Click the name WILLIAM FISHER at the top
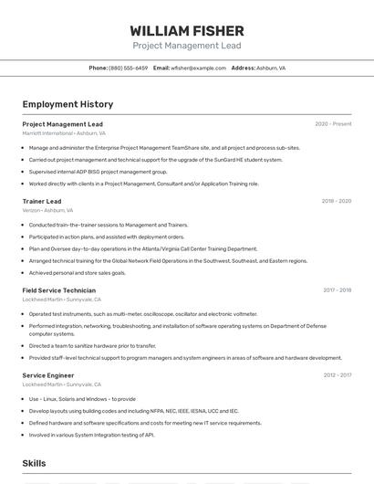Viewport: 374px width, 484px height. click(187, 30)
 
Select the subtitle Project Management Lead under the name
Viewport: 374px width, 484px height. click(187, 45)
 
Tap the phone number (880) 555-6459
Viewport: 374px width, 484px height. click(128, 68)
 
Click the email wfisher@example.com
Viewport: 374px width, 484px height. click(198, 68)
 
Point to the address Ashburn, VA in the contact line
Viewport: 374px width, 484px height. click(271, 68)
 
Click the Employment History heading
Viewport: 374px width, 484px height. click(68, 104)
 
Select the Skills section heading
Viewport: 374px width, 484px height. click(34, 463)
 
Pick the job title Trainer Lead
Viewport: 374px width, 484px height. click(42, 201)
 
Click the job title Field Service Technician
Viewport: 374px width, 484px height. click(58, 290)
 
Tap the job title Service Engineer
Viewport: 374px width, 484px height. click(48, 375)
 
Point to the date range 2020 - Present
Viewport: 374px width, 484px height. click(333, 124)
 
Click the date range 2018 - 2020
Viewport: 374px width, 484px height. click(336, 201)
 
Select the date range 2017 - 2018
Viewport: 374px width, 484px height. click(337, 290)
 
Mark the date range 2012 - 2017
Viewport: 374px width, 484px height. click(337, 375)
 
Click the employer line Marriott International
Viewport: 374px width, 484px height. click(64, 132)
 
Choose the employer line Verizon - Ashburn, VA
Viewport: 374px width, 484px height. click(47, 210)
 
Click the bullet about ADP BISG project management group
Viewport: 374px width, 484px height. click(99, 172)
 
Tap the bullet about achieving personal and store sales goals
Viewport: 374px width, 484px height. click(78, 272)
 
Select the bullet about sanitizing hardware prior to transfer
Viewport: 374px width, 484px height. click(92, 346)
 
